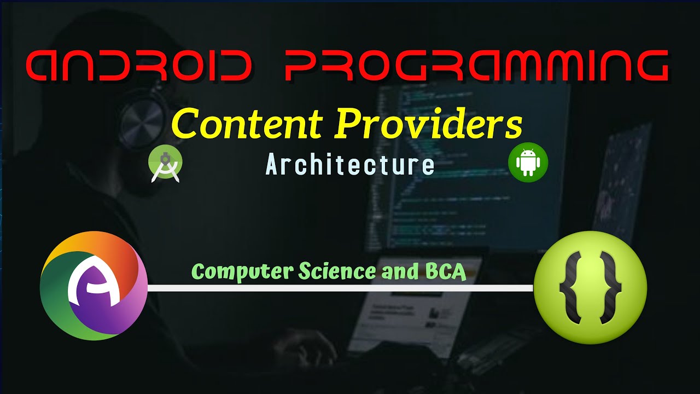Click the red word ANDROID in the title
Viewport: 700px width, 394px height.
pos(139,65)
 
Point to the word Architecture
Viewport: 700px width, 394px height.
pos(350,165)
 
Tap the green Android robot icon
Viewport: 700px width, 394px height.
pos(528,163)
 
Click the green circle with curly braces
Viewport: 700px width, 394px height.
pos(590,287)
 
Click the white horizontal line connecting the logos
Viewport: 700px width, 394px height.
pos(339,288)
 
